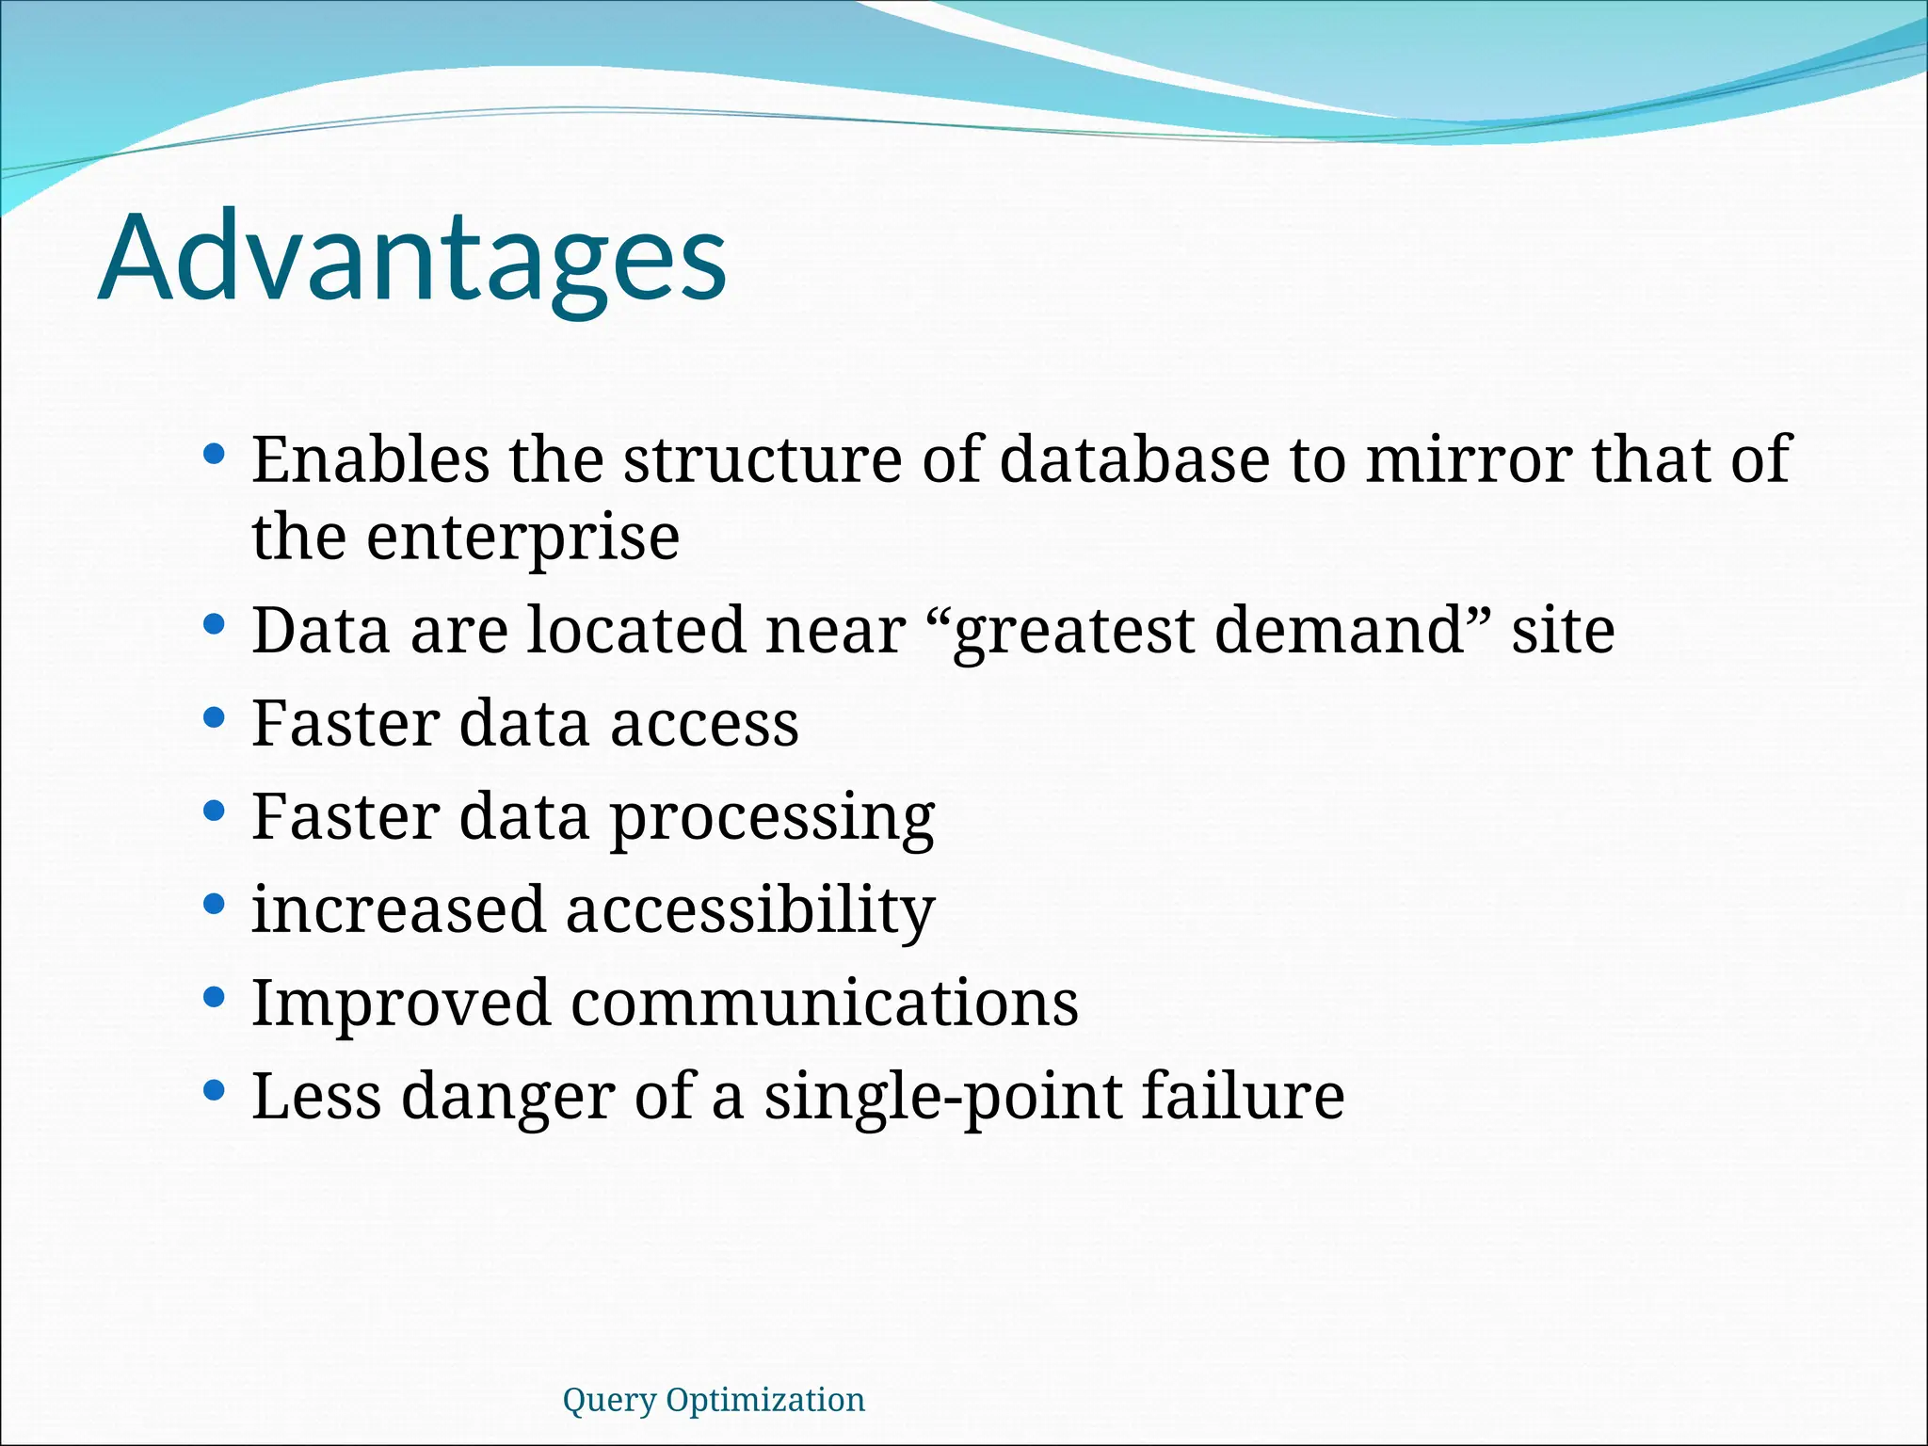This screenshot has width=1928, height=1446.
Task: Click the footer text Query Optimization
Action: pos(713,1400)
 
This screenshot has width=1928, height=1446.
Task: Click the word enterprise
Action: pos(522,538)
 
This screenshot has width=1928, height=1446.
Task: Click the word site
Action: pos(1563,631)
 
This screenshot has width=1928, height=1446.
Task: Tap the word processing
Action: pos(772,819)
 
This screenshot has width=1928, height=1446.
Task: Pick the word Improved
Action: pos(400,1003)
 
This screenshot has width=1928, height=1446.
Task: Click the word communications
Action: pos(825,1003)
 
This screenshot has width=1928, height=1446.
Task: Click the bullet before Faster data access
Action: pos(214,719)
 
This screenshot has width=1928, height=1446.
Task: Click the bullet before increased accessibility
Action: pos(214,905)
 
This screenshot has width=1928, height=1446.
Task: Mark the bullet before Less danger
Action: pos(214,1090)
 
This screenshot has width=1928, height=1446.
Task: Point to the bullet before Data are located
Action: pos(214,625)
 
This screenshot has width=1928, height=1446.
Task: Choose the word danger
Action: pos(507,1098)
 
